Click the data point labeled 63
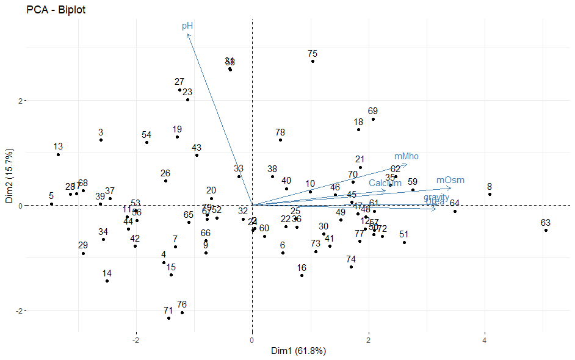[546, 230]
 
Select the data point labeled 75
[313, 61]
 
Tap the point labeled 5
[51, 204]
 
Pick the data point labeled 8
[490, 194]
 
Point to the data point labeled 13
[58, 154]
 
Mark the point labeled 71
[168, 318]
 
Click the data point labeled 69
[373, 119]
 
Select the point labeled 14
[107, 281]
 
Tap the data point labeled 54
[146, 142]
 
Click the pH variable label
[187, 26]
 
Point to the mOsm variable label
[450, 180]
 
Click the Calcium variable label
[385, 183]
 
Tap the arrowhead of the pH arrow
[188, 35]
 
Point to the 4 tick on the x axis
[485, 339]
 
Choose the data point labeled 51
[404, 242]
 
